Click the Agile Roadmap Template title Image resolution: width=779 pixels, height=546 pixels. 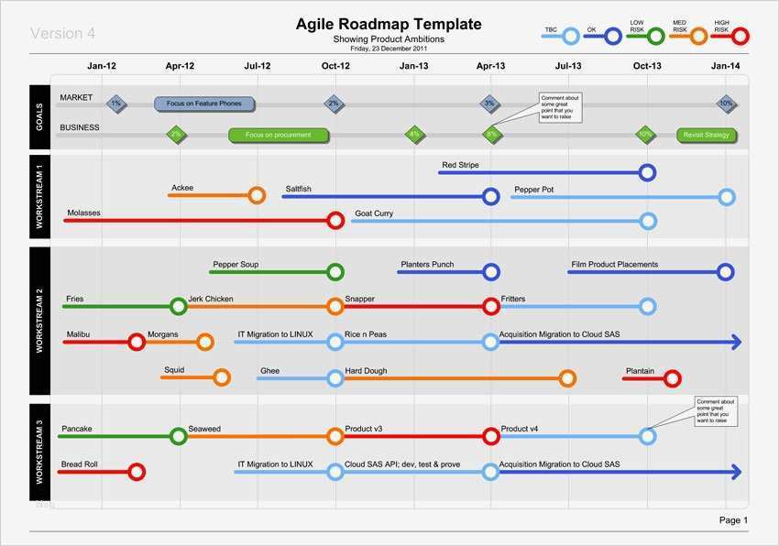click(x=389, y=25)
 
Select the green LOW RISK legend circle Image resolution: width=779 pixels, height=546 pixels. click(x=656, y=36)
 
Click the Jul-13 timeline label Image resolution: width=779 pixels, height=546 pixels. click(x=568, y=66)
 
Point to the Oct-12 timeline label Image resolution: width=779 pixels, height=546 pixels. click(x=335, y=66)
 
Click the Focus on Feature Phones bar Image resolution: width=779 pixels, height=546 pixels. click(x=204, y=104)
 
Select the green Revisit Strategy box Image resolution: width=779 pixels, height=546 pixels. click(x=707, y=135)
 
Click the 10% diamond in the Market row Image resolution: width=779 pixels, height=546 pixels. click(x=726, y=104)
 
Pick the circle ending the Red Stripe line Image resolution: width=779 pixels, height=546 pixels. click(x=647, y=172)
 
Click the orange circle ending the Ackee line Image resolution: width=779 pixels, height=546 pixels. click(x=257, y=195)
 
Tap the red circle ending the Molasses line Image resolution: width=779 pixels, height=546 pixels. click(x=335, y=220)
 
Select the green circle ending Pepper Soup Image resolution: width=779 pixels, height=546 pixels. click(x=335, y=271)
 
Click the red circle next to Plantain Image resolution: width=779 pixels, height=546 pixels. click(x=673, y=377)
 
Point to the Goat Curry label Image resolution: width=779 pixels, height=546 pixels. click(x=374, y=213)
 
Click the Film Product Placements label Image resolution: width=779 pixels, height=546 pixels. click(x=614, y=265)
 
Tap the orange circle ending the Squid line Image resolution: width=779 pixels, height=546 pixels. click(x=221, y=377)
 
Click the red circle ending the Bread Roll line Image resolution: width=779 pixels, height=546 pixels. click(x=137, y=472)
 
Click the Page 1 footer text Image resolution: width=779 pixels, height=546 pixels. click(x=733, y=520)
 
